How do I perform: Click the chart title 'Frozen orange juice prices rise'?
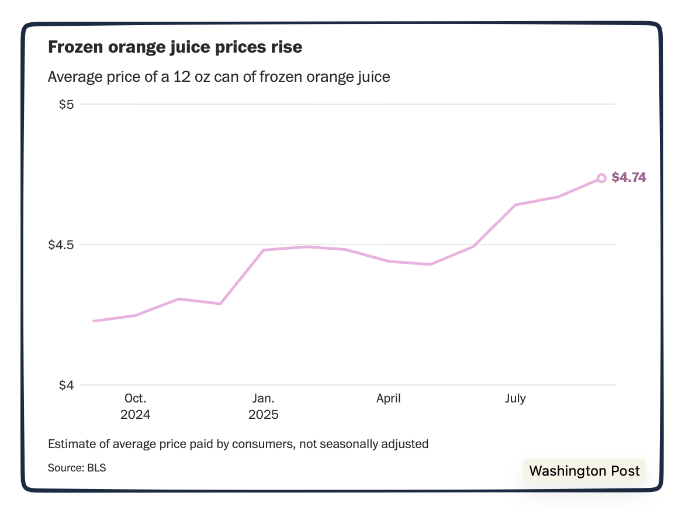pyautogui.click(x=175, y=47)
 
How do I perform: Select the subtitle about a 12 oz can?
pyautogui.click(x=219, y=77)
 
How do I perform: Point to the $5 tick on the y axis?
pyautogui.click(x=67, y=105)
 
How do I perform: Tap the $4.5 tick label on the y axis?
pyautogui.click(x=61, y=245)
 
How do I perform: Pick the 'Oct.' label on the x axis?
pyautogui.click(x=135, y=398)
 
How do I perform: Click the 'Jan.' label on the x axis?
pyautogui.click(x=263, y=398)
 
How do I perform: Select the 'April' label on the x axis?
pyautogui.click(x=388, y=398)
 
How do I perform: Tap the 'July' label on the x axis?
pyautogui.click(x=515, y=398)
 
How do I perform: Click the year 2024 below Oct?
pyautogui.click(x=135, y=415)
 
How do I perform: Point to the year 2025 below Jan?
pyautogui.click(x=263, y=415)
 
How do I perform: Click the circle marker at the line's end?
pyautogui.click(x=601, y=178)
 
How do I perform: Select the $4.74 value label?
pyautogui.click(x=629, y=178)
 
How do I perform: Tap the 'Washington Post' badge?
pyautogui.click(x=584, y=471)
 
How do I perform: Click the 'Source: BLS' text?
pyautogui.click(x=77, y=468)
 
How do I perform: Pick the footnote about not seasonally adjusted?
pyautogui.click(x=238, y=444)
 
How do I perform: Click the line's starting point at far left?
pyautogui.click(x=94, y=321)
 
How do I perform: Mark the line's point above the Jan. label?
pyautogui.click(x=264, y=250)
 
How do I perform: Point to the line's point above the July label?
pyautogui.click(x=516, y=205)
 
